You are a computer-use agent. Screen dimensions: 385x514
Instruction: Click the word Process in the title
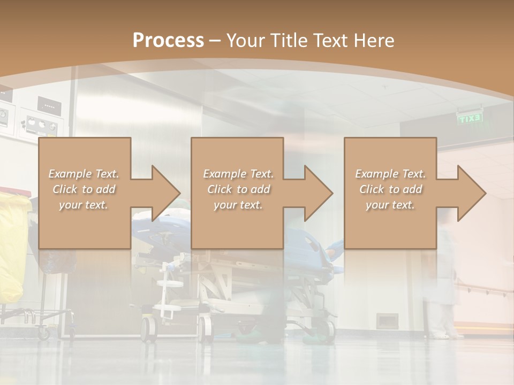(x=168, y=41)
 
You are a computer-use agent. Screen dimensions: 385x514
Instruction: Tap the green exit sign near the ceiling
(x=470, y=119)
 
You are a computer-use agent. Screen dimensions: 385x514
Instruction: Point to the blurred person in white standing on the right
(x=443, y=278)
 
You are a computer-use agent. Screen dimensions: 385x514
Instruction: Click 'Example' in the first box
(x=70, y=174)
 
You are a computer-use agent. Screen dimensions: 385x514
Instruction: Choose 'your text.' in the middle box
(x=238, y=205)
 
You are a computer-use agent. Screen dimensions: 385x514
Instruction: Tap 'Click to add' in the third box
(x=390, y=189)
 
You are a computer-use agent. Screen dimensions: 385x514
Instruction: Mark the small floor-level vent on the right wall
(x=387, y=321)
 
